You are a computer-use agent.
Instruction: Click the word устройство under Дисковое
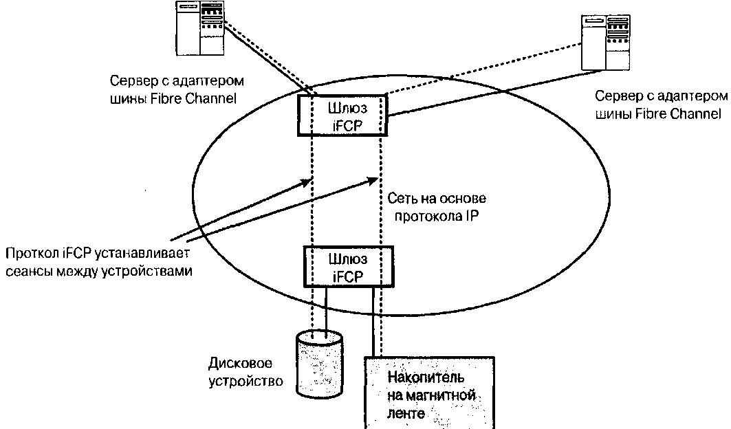pyautogui.click(x=244, y=380)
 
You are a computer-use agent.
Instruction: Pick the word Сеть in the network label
pyautogui.click(x=400, y=198)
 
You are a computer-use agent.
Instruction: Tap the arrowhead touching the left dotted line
pyautogui.click(x=307, y=182)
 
